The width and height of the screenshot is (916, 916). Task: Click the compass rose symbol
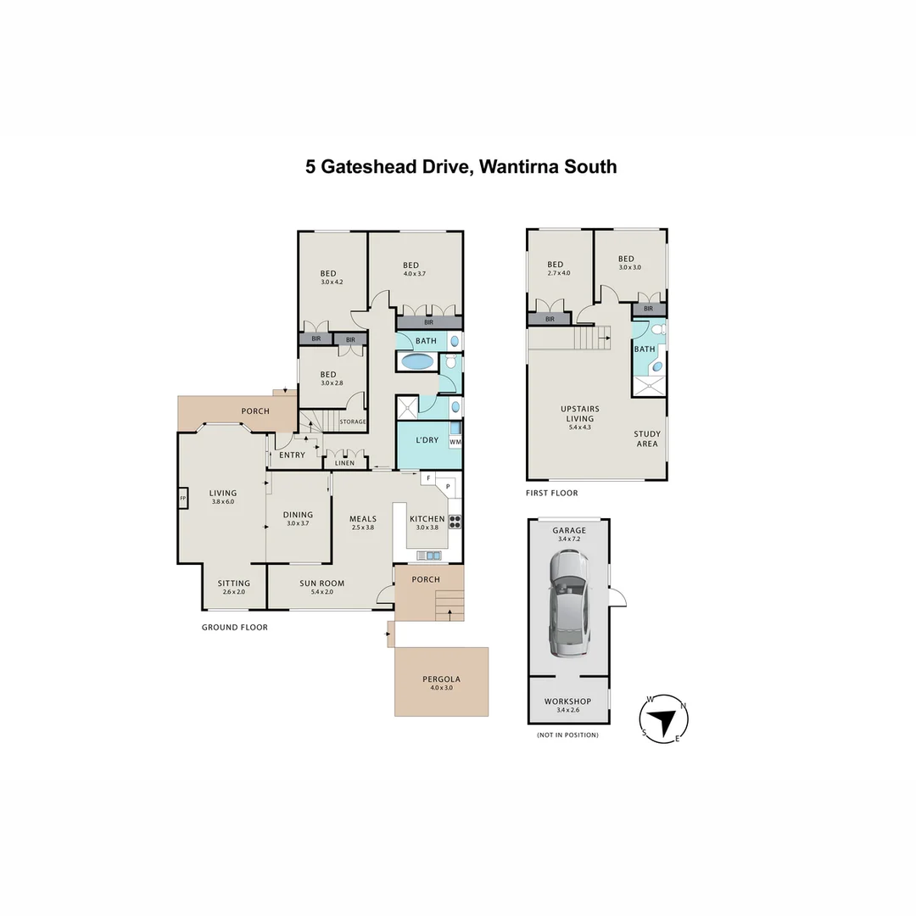pyautogui.click(x=663, y=719)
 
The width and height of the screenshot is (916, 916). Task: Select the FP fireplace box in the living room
pyautogui.click(x=182, y=499)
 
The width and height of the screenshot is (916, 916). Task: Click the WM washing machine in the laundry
pyautogui.click(x=455, y=442)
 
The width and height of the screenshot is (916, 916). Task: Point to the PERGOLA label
pyautogui.click(x=441, y=679)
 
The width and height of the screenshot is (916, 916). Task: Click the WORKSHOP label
pyautogui.click(x=567, y=701)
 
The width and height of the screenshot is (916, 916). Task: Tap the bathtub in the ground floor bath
pyautogui.click(x=416, y=362)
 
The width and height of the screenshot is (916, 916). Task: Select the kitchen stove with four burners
pyautogui.click(x=455, y=522)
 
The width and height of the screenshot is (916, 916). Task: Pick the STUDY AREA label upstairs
pyautogui.click(x=646, y=438)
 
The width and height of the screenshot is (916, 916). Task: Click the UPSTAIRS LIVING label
pyautogui.click(x=579, y=414)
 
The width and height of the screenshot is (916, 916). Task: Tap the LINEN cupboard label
pyautogui.click(x=344, y=462)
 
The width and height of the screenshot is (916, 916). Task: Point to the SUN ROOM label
pyautogui.click(x=322, y=583)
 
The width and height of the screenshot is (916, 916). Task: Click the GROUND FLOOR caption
pyautogui.click(x=234, y=628)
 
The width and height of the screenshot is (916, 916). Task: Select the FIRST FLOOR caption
pyautogui.click(x=552, y=493)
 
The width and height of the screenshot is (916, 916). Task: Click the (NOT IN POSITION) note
pyautogui.click(x=567, y=734)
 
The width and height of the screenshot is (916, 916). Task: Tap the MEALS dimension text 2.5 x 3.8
pyautogui.click(x=362, y=527)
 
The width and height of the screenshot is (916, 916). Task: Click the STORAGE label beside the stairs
pyautogui.click(x=352, y=422)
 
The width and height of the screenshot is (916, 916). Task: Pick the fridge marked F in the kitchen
pyautogui.click(x=429, y=479)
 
